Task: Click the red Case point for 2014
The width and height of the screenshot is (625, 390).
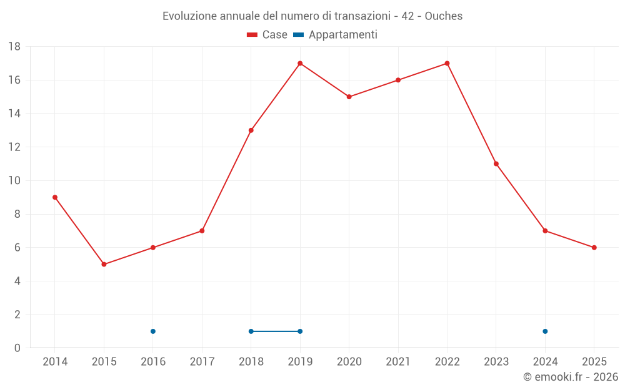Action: click(x=55, y=197)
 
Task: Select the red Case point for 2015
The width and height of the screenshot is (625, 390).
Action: click(x=104, y=265)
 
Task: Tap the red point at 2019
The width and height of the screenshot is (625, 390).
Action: click(x=300, y=63)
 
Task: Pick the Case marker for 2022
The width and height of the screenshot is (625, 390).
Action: click(x=447, y=63)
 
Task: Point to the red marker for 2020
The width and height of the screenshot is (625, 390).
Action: click(x=349, y=97)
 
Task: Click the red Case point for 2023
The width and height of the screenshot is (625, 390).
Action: click(x=496, y=164)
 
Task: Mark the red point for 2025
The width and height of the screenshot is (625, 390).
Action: click(x=594, y=248)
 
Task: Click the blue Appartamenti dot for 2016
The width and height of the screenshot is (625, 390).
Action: click(x=153, y=331)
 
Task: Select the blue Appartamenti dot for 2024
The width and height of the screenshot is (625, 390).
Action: click(x=545, y=331)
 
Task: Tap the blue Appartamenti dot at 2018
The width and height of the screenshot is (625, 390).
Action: click(x=251, y=331)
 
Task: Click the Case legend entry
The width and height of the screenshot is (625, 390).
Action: click(x=267, y=35)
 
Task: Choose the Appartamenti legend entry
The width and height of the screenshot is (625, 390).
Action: click(x=336, y=35)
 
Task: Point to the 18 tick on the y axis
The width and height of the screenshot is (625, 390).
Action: click(x=14, y=47)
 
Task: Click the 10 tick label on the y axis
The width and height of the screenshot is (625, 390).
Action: click(x=14, y=181)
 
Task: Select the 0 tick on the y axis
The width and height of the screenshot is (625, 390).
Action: click(x=17, y=348)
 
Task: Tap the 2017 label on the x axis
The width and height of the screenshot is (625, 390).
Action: click(x=202, y=362)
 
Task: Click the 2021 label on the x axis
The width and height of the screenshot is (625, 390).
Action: click(x=398, y=362)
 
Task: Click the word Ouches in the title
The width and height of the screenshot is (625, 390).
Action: click(x=444, y=16)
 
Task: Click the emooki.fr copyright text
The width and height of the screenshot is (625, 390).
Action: click(x=571, y=377)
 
